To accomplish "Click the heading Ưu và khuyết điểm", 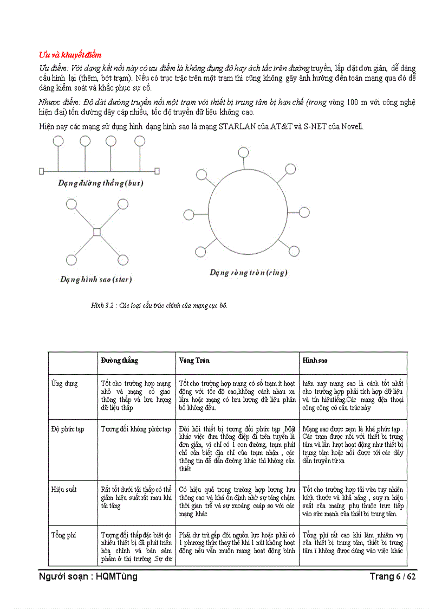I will click(70, 55).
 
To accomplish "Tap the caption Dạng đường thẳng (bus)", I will click(100, 183).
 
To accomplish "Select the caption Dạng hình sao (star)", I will click(96, 280).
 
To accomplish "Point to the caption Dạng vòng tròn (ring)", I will click(249, 272).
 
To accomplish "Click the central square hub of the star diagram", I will click(96, 232).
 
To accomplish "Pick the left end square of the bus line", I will click(41, 171).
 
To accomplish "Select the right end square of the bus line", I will click(157, 171).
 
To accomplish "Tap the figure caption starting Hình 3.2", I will click(159, 306).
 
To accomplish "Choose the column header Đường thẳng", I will click(119, 361).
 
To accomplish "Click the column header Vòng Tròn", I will click(194, 361).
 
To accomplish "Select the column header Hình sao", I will click(315, 361).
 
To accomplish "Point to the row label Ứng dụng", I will click(64, 384).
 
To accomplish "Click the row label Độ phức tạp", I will click(68, 429).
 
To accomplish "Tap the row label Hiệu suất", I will click(64, 490).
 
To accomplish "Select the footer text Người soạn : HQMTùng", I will click(88, 576).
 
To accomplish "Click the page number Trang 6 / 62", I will click(393, 576).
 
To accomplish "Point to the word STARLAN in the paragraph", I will click(240, 126).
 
